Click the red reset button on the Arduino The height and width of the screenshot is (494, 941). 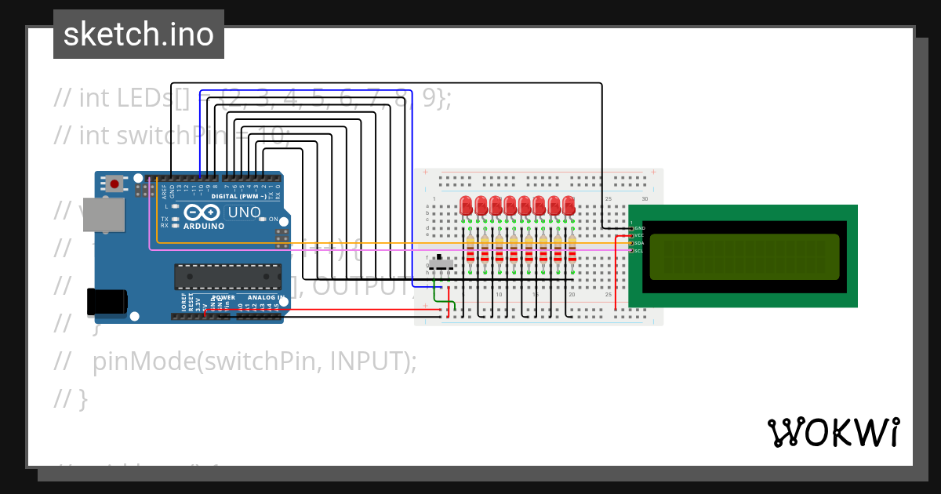coord(114,184)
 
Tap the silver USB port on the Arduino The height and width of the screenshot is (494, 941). coord(104,215)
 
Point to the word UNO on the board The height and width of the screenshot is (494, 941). coord(244,212)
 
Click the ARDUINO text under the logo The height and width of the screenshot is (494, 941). coord(203,226)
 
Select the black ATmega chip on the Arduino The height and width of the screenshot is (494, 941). coord(227,276)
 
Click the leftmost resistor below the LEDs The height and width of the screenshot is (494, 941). coord(470,250)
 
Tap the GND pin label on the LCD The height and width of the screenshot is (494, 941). coord(639,227)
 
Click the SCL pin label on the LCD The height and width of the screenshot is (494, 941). coord(639,251)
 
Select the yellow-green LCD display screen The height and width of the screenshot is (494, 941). coord(744,256)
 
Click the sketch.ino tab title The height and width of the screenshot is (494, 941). coord(139,35)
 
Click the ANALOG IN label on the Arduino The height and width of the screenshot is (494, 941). coord(262,298)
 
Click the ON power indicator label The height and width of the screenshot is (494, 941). coord(274,220)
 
